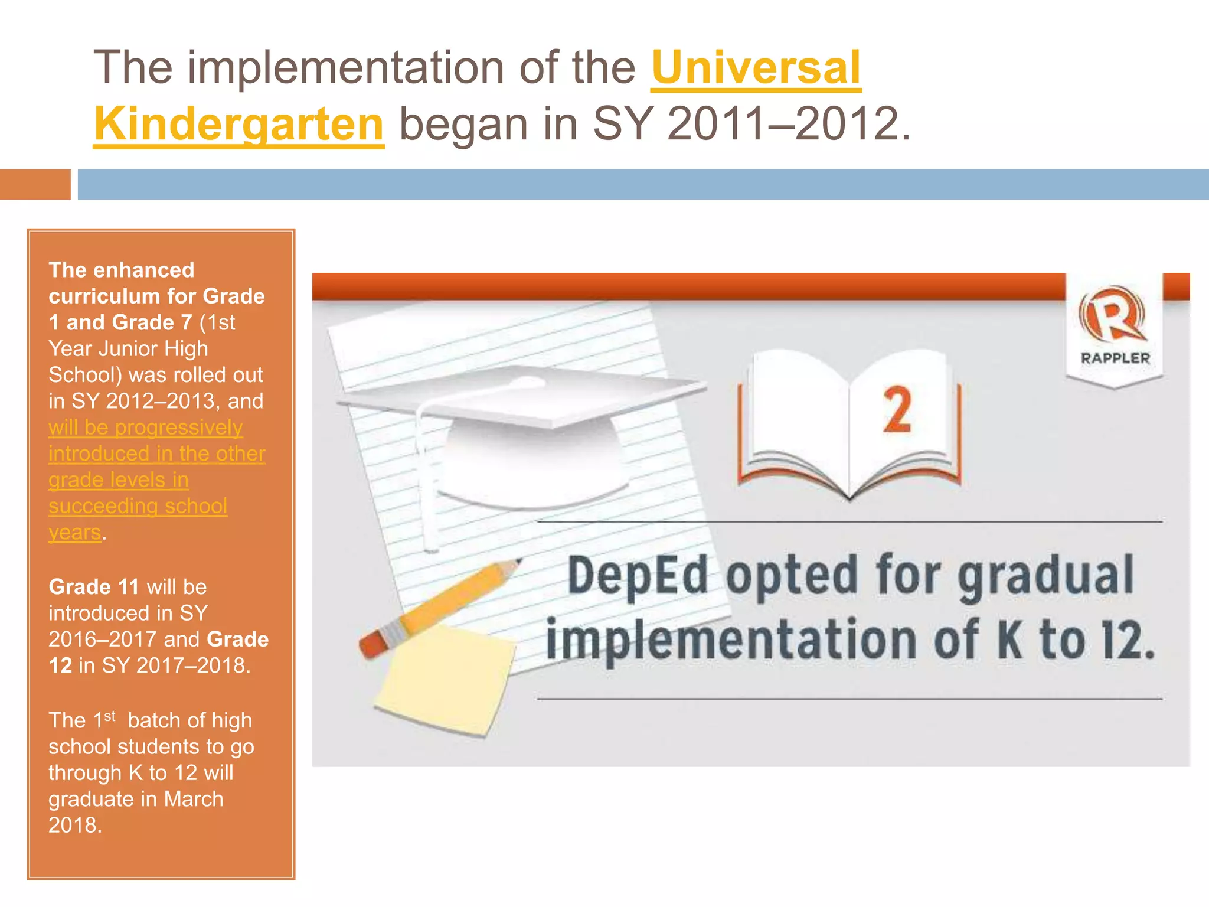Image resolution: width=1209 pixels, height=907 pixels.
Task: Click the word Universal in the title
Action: click(x=756, y=67)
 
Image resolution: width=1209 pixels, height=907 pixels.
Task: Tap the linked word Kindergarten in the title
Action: click(x=239, y=124)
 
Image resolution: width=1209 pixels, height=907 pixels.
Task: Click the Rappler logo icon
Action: click(x=1112, y=315)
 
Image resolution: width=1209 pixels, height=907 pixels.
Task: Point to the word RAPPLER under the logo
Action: click(x=1115, y=358)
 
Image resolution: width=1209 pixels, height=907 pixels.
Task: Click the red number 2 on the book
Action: click(x=897, y=410)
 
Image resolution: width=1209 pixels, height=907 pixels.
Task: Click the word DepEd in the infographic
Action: click(x=638, y=576)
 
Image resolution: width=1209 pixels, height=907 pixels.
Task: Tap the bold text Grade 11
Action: click(x=93, y=587)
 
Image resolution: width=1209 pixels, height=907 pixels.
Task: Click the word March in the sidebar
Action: click(x=194, y=799)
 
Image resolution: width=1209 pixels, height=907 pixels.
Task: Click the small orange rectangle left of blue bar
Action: click(x=35, y=184)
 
